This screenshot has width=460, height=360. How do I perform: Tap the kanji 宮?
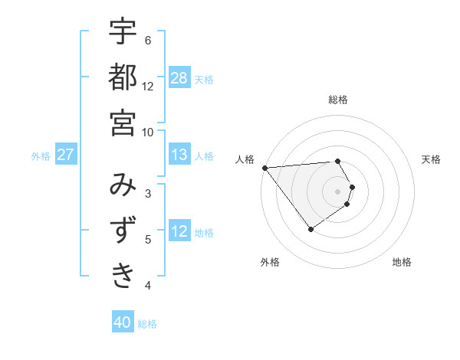click(x=123, y=122)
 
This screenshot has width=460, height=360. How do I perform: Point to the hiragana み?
click(x=123, y=185)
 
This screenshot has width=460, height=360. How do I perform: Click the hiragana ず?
click(x=123, y=230)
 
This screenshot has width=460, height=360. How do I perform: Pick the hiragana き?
click(x=123, y=275)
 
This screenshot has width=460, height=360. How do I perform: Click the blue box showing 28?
click(x=179, y=77)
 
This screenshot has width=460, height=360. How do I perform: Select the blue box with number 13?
click(x=179, y=155)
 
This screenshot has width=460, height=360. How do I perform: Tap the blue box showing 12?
click(x=179, y=231)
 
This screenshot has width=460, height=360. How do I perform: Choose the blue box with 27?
click(x=66, y=155)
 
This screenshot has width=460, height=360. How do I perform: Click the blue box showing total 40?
click(x=123, y=322)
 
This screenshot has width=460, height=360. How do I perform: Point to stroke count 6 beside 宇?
click(x=148, y=40)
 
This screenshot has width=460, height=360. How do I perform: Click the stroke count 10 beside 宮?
click(x=148, y=131)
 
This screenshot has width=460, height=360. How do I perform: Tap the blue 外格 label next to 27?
click(x=41, y=155)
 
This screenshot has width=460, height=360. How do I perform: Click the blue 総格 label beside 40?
click(x=148, y=323)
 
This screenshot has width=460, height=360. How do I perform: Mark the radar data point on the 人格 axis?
click(x=264, y=168)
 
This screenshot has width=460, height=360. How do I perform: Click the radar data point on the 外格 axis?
click(x=310, y=229)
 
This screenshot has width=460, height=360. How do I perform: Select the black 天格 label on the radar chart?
click(x=431, y=159)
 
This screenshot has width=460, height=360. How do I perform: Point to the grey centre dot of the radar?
click(x=337, y=191)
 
